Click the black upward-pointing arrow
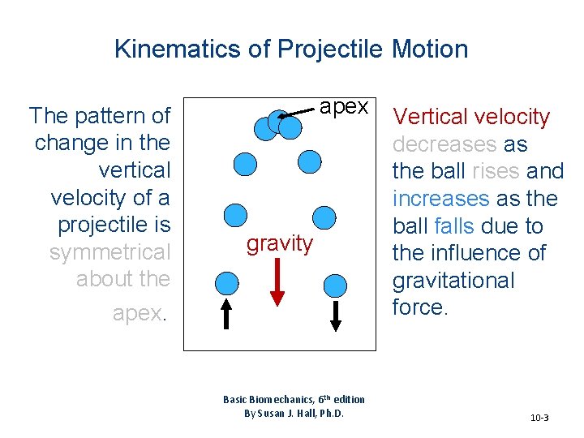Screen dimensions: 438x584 227,313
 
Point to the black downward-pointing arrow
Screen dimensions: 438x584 336,313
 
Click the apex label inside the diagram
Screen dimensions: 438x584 344,108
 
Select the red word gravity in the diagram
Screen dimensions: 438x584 279,243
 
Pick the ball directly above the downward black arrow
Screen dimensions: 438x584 335,284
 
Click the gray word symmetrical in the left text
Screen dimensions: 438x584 110,252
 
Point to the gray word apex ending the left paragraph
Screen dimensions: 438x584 137,314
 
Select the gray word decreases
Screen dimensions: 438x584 443,144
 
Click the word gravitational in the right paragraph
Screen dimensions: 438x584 453,281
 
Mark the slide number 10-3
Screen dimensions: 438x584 539,418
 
